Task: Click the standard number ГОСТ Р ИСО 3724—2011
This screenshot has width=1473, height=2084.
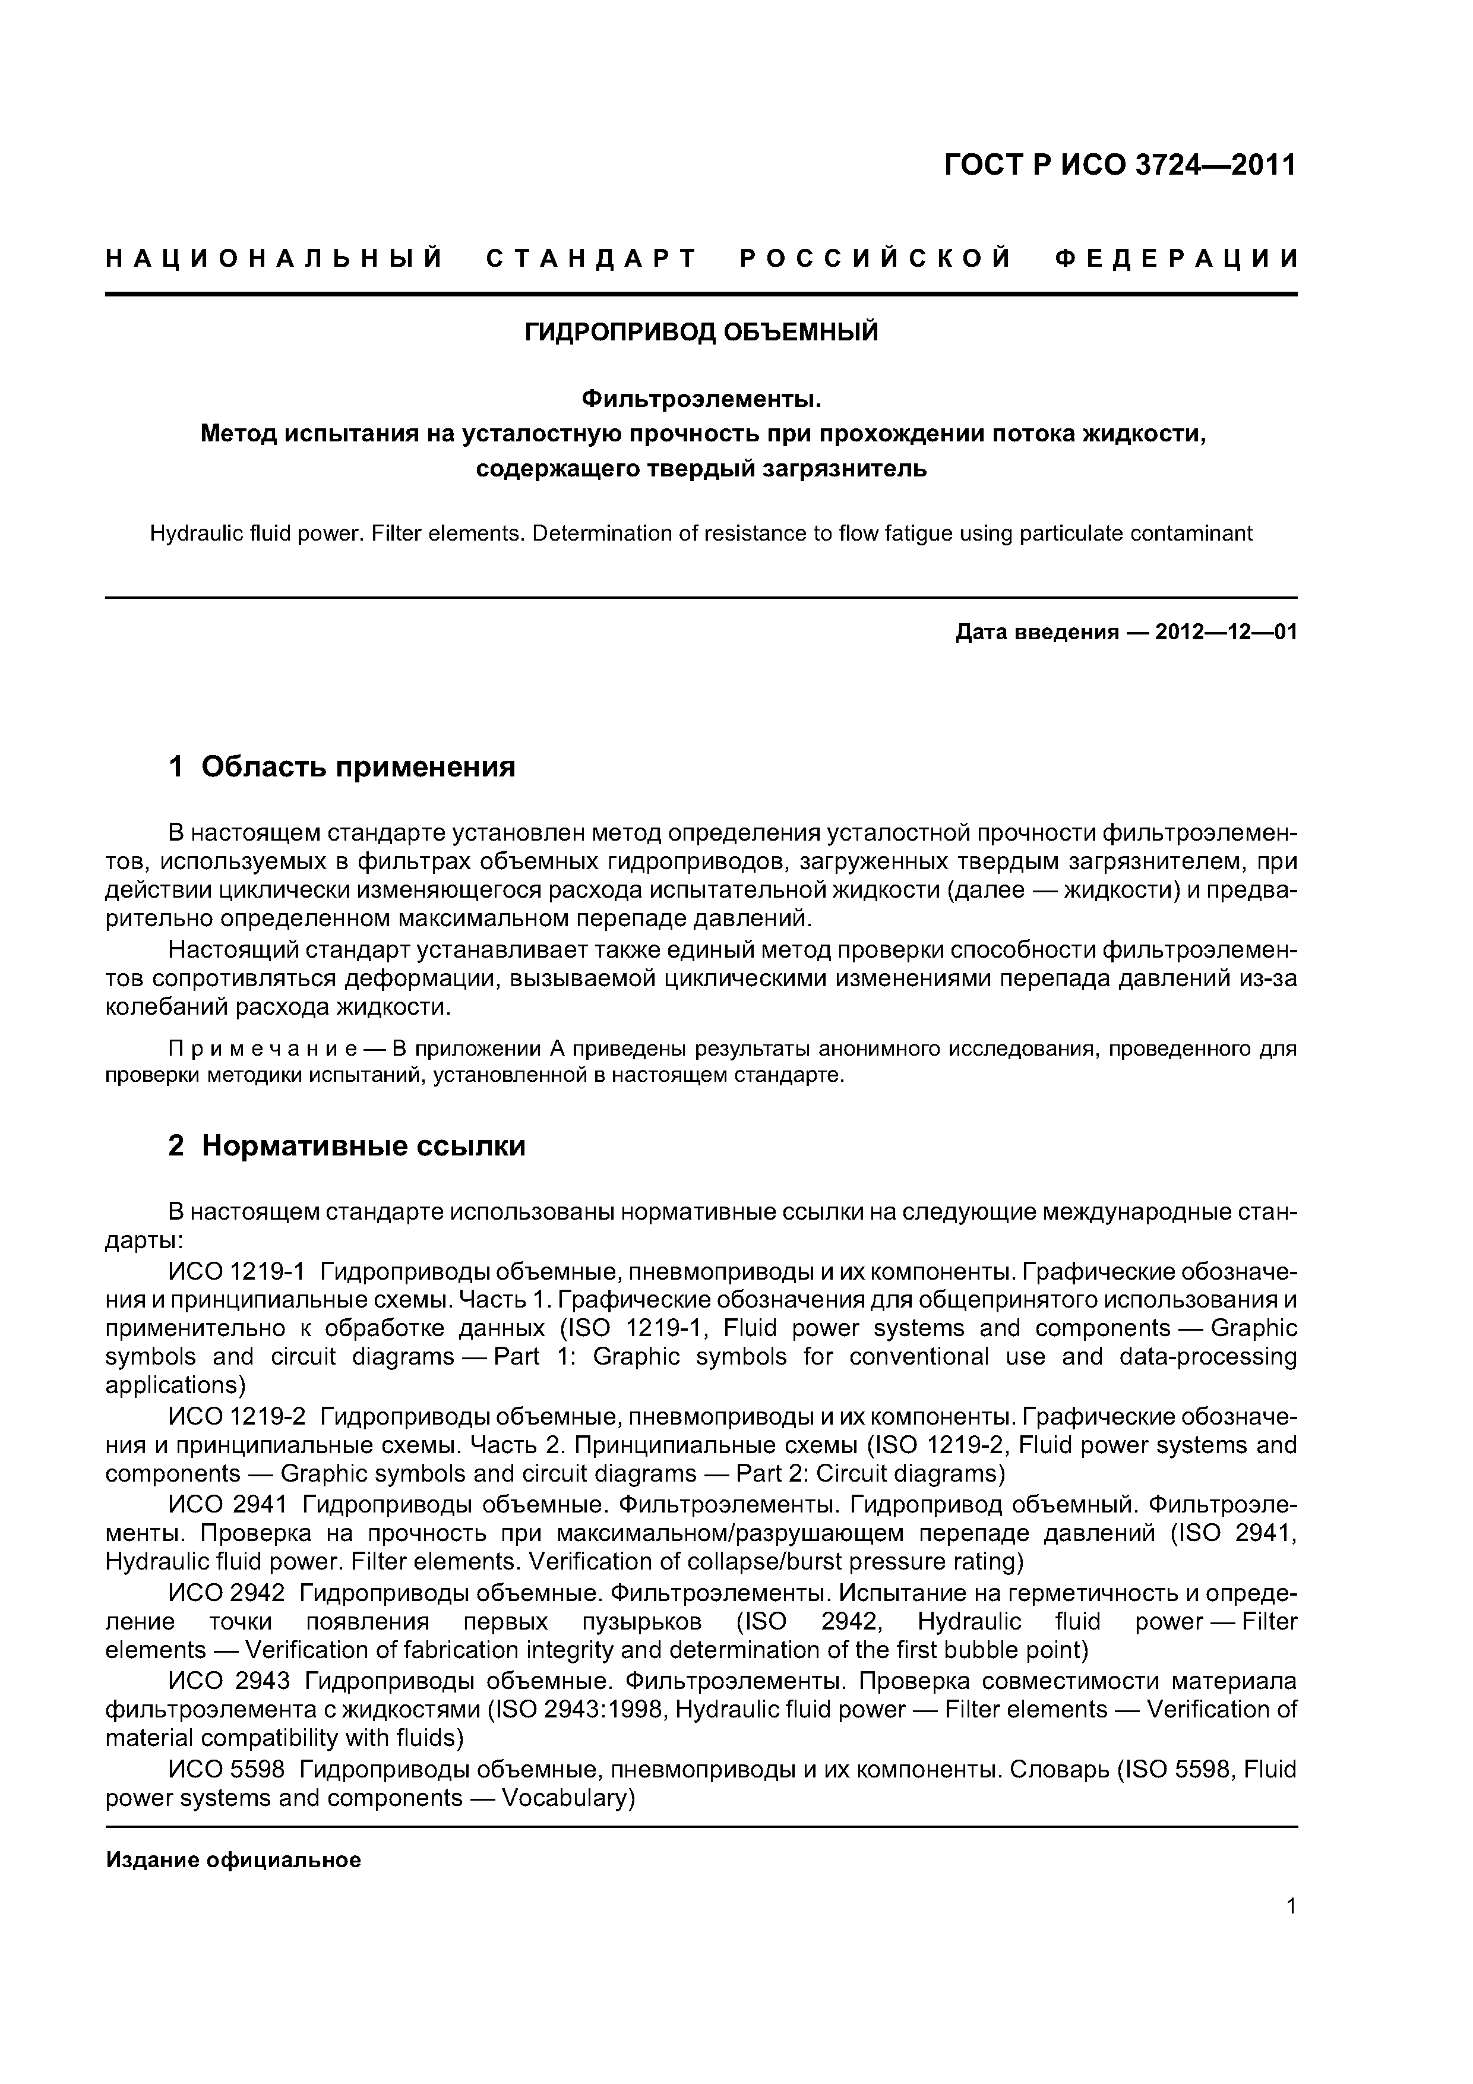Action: pos(1120,165)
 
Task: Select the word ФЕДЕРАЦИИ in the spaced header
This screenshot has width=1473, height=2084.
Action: pos(1176,258)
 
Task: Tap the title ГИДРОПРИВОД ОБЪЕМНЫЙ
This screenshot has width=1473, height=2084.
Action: pos(701,332)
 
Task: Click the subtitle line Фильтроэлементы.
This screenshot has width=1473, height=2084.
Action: pos(701,399)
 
